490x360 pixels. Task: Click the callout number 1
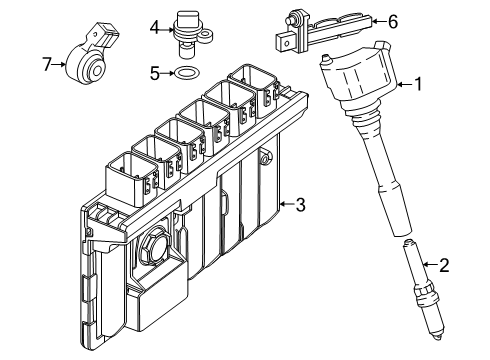coord(418,84)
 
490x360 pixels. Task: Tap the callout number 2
coord(444,265)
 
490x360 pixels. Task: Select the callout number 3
coord(300,204)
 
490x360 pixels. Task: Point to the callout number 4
coord(155,28)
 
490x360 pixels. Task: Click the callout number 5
coord(155,73)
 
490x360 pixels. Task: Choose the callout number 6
coord(393,22)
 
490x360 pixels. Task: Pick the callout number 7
coord(47,64)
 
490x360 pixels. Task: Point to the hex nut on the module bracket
coord(152,245)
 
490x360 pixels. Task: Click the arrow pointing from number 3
coord(287,204)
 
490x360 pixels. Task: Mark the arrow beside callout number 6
coord(379,22)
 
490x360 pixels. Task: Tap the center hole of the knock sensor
coord(97,71)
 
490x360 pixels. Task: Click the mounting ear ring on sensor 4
coord(206,36)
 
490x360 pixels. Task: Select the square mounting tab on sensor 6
coord(285,43)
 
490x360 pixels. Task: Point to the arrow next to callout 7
coord(60,64)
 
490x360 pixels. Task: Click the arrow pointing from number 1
coord(405,84)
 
